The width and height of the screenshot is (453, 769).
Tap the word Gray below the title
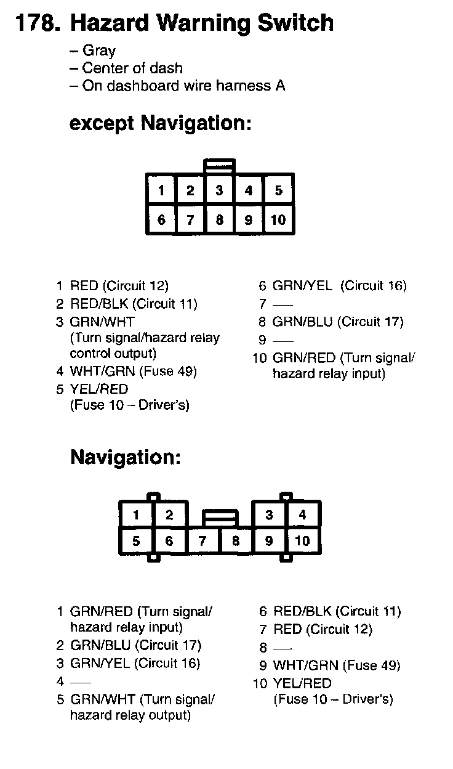point(98,51)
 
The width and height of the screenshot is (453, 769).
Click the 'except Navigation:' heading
point(160,123)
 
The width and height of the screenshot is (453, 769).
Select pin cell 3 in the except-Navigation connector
point(220,190)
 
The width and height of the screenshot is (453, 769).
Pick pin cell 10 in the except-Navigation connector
point(278,219)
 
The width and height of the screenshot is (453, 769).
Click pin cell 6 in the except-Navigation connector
point(161,219)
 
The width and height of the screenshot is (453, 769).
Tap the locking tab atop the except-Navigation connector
point(220,166)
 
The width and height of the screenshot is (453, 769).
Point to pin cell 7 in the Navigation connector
point(202,541)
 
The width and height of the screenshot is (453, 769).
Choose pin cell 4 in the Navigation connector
point(302,515)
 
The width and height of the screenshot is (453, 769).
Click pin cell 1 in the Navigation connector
point(136,515)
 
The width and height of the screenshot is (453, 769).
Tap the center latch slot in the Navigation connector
point(220,518)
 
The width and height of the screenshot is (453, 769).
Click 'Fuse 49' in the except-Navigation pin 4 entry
point(169,371)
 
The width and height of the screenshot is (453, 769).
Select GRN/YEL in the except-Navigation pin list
point(302,286)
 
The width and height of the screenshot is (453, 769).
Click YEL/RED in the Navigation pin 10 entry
point(302,683)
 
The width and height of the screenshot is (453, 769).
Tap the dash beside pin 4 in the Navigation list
point(81,683)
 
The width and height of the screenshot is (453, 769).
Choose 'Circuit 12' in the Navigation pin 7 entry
point(339,629)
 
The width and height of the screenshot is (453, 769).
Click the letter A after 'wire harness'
point(280,86)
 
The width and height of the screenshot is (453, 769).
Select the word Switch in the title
point(295,23)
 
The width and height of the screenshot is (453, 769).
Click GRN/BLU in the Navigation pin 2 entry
point(100,645)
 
